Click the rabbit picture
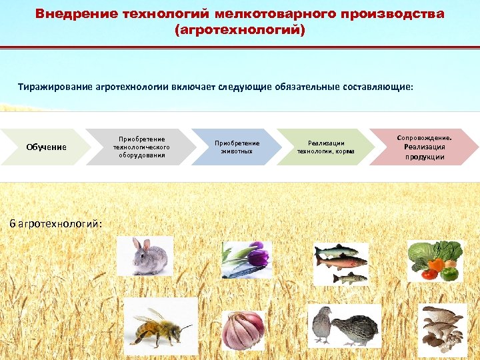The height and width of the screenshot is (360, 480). click(145, 256)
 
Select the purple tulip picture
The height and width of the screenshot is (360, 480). click(247, 259)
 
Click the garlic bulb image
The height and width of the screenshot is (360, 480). click(243, 330)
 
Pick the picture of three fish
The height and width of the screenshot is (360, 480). click(341, 263)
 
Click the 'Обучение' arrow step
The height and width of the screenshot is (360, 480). click(46, 147)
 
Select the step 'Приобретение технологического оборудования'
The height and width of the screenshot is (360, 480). click(141, 147)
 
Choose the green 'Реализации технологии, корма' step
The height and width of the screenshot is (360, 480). click(325, 147)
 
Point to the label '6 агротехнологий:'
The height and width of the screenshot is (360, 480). click(56, 223)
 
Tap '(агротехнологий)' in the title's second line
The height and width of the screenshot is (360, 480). click(239, 31)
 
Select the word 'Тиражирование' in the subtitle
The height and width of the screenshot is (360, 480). click(59, 87)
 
